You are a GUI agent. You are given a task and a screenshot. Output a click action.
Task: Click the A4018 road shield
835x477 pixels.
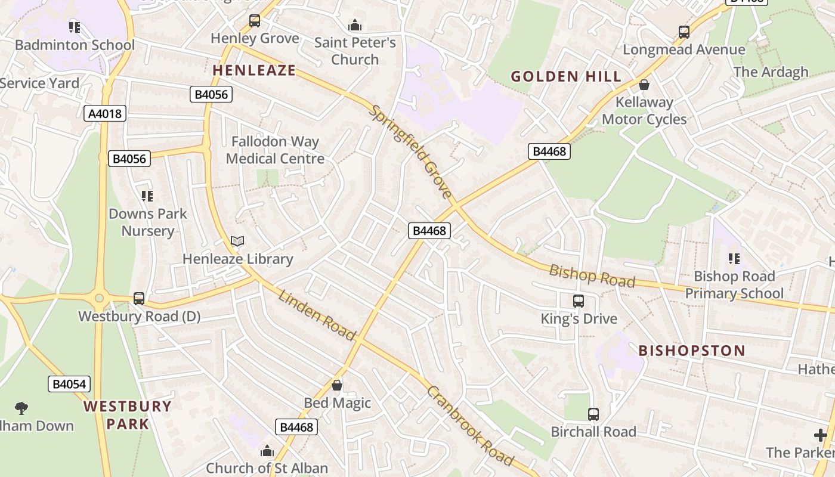(x=105, y=113)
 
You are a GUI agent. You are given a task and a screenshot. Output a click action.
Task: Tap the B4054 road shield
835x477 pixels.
(x=69, y=384)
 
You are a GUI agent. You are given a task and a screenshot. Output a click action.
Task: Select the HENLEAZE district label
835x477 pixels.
(x=254, y=70)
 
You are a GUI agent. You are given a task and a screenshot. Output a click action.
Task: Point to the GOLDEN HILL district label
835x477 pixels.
(x=566, y=76)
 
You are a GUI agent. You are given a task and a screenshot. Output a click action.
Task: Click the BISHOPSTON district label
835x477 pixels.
(x=692, y=351)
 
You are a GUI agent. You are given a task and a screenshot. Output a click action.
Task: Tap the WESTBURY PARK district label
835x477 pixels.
(x=127, y=415)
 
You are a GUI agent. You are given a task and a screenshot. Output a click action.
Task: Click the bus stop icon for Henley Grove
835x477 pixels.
(x=255, y=21)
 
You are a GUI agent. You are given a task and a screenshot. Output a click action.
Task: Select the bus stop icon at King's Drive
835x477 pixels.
(x=579, y=301)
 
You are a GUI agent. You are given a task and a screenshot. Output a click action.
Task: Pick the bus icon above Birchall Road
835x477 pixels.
(x=593, y=414)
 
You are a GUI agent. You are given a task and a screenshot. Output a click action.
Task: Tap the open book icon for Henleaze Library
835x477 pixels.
(x=237, y=241)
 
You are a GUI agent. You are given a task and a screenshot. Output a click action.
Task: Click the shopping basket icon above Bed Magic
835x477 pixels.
(x=337, y=385)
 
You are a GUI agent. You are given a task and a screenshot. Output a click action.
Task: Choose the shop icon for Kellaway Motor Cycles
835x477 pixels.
(x=644, y=85)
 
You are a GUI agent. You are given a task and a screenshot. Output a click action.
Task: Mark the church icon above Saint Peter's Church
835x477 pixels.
(x=355, y=25)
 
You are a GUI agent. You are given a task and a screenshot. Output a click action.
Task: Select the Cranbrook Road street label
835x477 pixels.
(x=470, y=426)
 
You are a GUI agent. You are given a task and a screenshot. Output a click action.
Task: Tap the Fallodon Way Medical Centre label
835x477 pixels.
(x=275, y=150)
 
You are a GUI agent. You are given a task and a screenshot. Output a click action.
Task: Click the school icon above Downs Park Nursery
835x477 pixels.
(x=147, y=196)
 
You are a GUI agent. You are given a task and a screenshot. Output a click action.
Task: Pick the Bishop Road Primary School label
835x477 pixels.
(x=734, y=284)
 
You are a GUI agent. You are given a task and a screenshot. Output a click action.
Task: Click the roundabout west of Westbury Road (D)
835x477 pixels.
(x=99, y=298)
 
